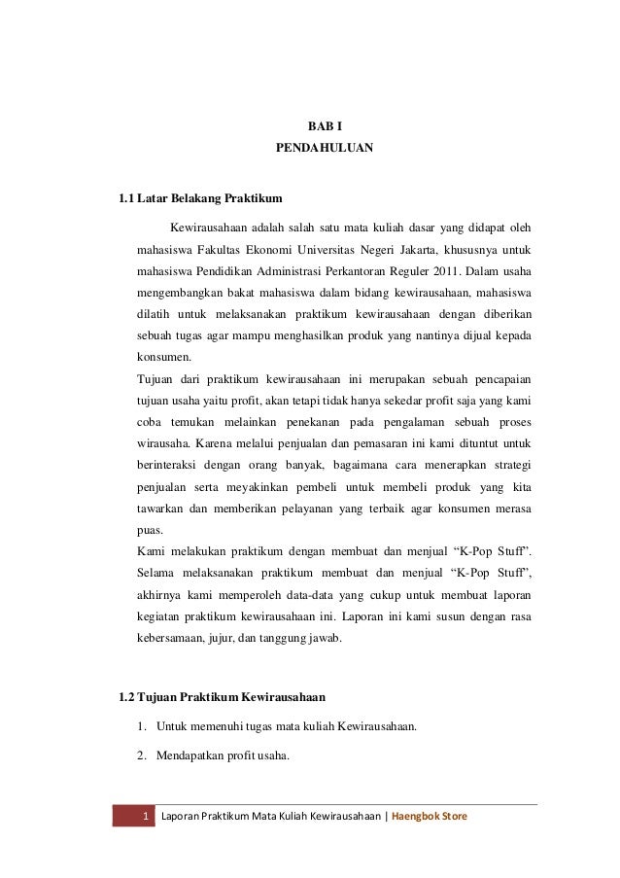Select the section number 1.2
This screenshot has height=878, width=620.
point(126,697)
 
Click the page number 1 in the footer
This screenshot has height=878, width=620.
point(144,815)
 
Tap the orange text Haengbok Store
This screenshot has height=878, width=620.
point(430,815)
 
